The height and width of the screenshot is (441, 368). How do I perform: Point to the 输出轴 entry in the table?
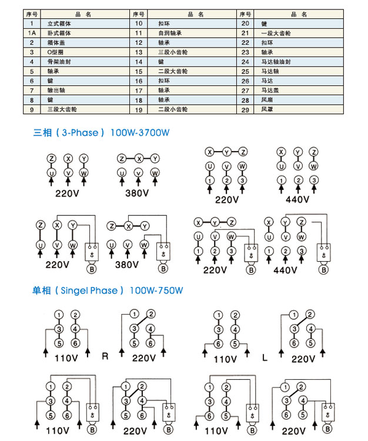[55, 90]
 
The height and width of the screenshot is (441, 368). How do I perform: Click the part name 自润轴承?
[168, 33]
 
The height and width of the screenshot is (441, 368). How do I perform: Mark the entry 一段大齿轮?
[276, 33]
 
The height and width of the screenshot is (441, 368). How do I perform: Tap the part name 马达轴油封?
[276, 61]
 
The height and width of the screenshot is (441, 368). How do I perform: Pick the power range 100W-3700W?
[139, 133]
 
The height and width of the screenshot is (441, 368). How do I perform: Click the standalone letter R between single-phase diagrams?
[105, 356]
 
